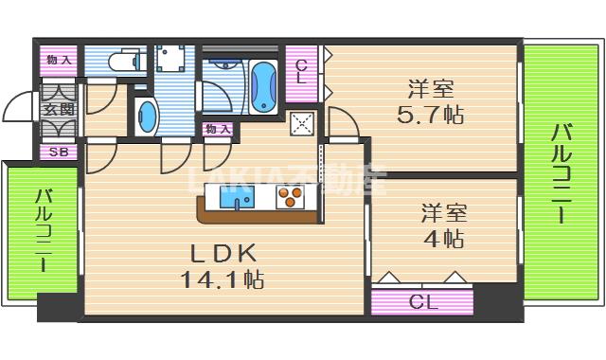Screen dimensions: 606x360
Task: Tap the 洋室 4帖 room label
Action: (x=442, y=225)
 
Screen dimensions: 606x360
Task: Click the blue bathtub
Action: (x=262, y=84)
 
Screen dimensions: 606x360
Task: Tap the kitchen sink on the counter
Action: (x=237, y=198)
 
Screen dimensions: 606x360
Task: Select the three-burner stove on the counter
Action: (x=290, y=198)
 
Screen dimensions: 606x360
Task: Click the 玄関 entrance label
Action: (x=58, y=110)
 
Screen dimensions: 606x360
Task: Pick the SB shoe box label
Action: (x=58, y=152)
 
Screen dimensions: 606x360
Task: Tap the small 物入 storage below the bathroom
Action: (x=218, y=129)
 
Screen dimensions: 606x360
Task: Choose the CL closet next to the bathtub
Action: (x=301, y=72)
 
